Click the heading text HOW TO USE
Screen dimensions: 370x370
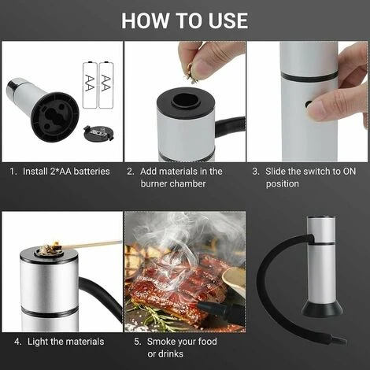(x=184, y=20)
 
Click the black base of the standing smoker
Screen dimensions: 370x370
(x=322, y=308)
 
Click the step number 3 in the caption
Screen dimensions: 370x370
(x=255, y=171)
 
